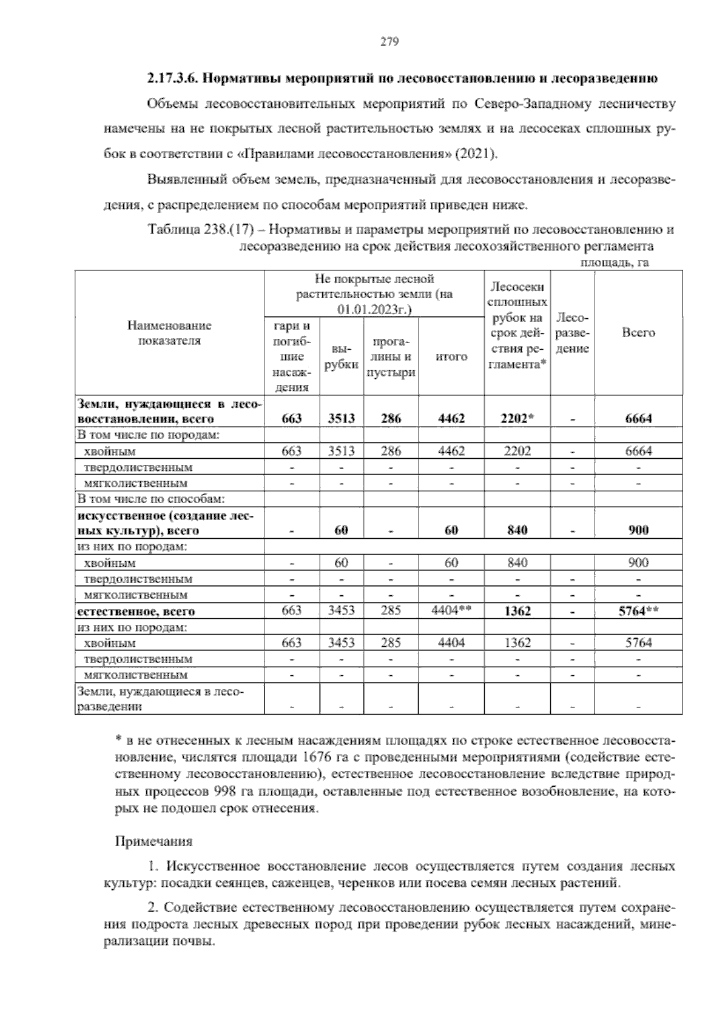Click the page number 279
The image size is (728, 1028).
click(389, 42)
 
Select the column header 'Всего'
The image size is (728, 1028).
click(638, 333)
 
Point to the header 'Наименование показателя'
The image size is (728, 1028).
click(169, 333)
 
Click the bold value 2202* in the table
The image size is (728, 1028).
click(517, 418)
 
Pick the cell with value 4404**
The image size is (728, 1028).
click(451, 611)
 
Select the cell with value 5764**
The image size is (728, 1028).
click(638, 611)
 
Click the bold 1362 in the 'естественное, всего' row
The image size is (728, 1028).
click(517, 611)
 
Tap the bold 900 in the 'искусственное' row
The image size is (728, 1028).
click(638, 530)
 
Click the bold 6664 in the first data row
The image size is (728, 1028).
click(638, 418)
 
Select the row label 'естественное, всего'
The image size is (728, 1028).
click(135, 612)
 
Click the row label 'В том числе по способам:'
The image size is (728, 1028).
click(150, 499)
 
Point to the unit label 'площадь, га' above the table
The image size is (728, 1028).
click(615, 262)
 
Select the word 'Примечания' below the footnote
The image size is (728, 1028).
click(153, 842)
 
